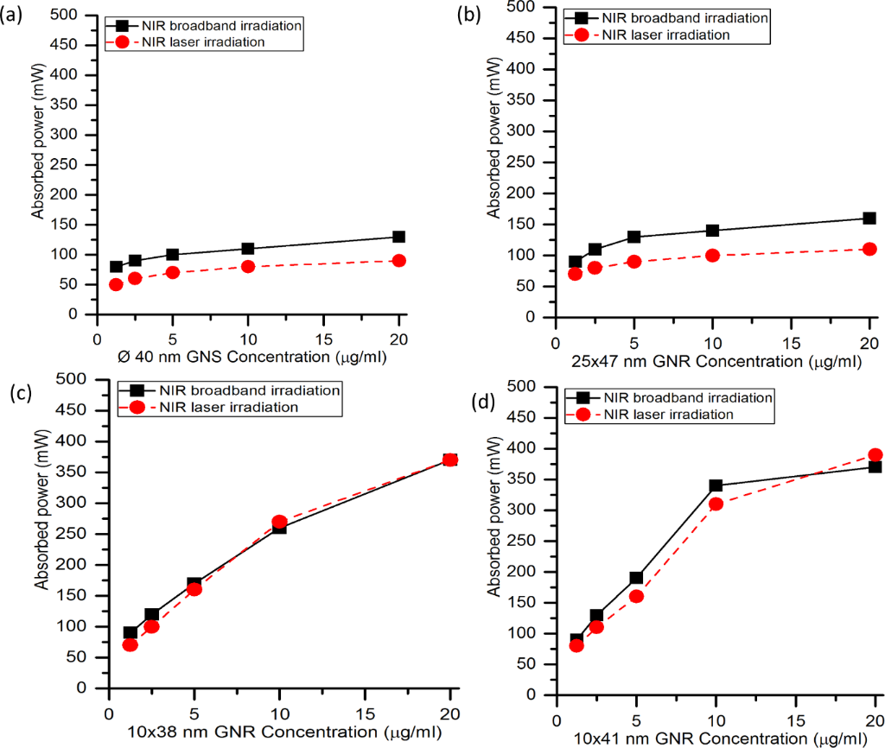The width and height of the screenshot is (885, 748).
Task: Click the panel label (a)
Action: point(14,14)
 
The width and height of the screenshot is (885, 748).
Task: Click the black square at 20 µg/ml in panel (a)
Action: point(398,237)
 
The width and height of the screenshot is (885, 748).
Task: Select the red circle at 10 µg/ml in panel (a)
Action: point(248,266)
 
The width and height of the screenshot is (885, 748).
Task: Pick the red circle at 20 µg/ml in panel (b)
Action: point(869,249)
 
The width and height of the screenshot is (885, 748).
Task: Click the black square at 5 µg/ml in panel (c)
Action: point(194,584)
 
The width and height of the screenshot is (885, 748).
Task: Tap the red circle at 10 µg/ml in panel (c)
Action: point(279,522)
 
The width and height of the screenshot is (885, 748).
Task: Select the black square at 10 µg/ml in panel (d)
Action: point(716,485)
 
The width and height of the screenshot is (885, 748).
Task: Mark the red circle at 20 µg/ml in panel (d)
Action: point(875,454)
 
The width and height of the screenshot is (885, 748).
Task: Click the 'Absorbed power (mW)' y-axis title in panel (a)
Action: point(38,162)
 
